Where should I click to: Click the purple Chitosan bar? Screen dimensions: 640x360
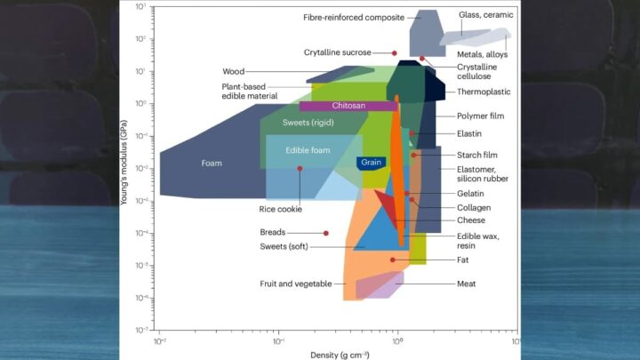pos(348,106)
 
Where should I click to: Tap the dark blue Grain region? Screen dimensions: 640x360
pos(371,163)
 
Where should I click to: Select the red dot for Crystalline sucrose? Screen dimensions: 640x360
pos(395,53)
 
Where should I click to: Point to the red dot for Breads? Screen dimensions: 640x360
pos(325,233)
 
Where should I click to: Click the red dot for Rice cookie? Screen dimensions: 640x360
pos(300,169)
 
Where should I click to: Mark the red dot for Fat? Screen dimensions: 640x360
pos(393,260)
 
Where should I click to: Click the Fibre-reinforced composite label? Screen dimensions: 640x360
pos(354,18)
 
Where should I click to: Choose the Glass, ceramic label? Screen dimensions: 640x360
pos(485,15)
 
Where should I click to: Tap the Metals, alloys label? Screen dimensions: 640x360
pos(482,54)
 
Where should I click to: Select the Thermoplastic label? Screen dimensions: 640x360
pos(484,92)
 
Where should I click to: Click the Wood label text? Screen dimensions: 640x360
pos(234,71)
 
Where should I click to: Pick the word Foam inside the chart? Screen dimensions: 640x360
pos(212,164)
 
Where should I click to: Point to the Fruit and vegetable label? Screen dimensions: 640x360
pos(296,284)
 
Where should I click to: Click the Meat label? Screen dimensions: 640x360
pos(466,284)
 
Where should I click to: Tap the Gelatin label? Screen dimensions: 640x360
pos(470,194)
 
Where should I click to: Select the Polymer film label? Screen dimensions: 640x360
pos(480,116)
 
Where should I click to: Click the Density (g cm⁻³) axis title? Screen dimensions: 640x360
pos(340,355)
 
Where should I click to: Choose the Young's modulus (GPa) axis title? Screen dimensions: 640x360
pos(124,163)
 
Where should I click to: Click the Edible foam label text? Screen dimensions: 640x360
pos(308,150)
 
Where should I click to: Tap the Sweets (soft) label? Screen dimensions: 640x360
pos(284,246)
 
